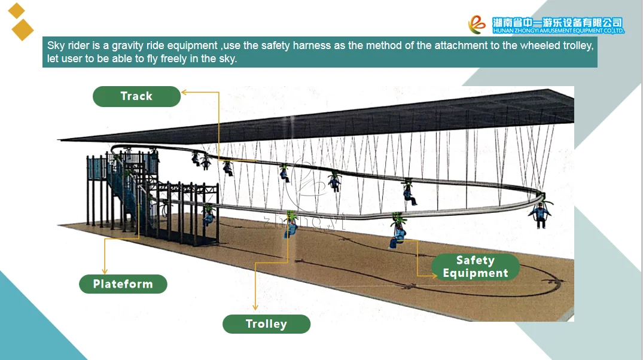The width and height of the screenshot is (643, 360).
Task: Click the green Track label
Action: [136, 96]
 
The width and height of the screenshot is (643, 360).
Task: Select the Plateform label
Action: [123, 284]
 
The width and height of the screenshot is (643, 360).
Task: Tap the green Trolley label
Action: [266, 324]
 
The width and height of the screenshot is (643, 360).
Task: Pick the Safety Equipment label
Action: [475, 267]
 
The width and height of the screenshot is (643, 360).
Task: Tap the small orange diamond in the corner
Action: [17, 10]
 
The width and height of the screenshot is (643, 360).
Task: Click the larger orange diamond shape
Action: [23, 29]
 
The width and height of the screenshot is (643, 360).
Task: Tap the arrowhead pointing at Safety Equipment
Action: [434, 275]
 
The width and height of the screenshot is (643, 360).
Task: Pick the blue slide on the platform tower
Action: [129, 203]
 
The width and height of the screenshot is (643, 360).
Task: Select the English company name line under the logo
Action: [557, 30]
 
